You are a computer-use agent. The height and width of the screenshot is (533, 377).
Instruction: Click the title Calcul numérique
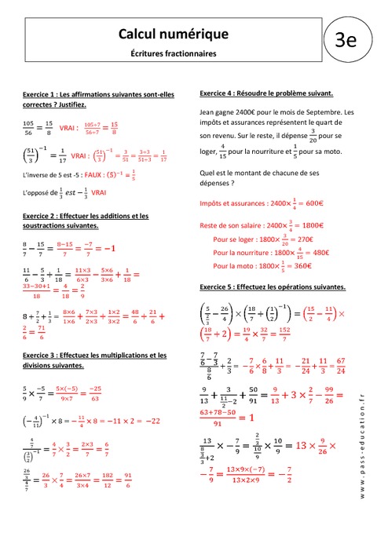coord(173,34)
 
